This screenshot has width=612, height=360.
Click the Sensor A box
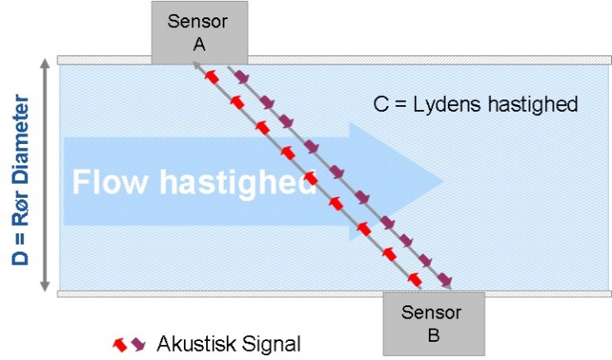point(200,32)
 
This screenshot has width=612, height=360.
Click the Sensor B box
point(434,324)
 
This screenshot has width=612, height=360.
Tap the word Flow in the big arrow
point(110,182)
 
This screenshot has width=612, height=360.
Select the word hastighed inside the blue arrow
point(238,183)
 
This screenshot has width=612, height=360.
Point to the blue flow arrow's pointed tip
point(442,181)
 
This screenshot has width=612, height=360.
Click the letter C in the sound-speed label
point(381,104)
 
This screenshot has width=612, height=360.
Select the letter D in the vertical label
point(21,257)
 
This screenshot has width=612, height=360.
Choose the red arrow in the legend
point(120,344)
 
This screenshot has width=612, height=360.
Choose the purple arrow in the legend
point(138,343)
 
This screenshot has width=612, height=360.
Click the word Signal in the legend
point(272,344)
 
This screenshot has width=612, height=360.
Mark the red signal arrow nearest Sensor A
point(212,77)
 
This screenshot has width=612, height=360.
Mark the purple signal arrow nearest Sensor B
point(445,279)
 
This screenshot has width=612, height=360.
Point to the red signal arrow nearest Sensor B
point(415,279)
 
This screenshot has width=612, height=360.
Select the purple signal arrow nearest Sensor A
point(242,77)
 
